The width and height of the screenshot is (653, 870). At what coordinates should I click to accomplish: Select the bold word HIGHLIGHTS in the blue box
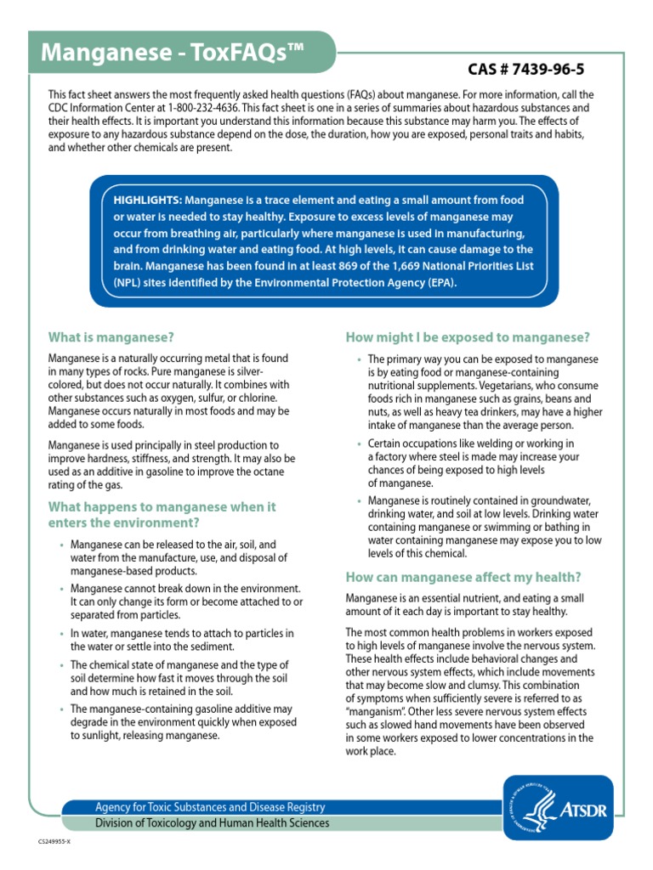pos(147,200)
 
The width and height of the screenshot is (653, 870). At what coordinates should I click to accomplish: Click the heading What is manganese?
pos(111,337)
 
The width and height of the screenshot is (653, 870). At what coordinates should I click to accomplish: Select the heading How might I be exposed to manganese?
pos(468,337)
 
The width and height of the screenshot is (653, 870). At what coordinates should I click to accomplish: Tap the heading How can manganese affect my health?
pos(463,577)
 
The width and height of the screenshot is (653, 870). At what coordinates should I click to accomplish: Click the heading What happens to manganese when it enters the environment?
pos(162,514)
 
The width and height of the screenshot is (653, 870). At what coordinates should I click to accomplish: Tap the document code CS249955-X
pos(55,841)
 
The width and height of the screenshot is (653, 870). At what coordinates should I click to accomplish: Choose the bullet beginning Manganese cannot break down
pos(185,602)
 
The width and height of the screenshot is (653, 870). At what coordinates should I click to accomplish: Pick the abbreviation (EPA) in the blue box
pos(440,283)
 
